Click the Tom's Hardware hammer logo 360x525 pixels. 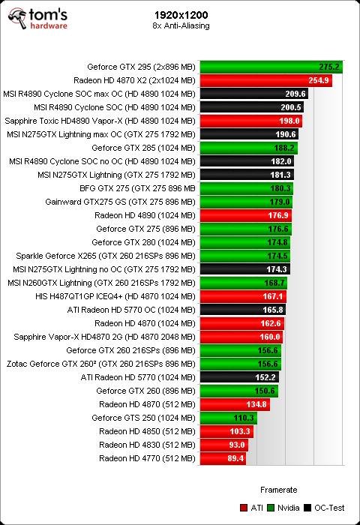pos(17,19)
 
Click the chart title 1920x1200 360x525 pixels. pos(181,15)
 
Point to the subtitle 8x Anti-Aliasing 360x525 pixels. pos(181,25)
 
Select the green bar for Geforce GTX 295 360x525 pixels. pos(271,67)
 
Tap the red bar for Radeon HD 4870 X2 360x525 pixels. pos(266,80)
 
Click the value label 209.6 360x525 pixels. pos(295,94)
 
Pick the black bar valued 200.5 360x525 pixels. pos(252,107)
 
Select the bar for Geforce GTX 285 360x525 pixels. pos(249,148)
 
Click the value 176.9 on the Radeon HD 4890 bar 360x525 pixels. pos(278,215)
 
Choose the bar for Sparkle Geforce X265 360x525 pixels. pos(245,256)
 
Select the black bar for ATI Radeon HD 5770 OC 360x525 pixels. pos(243,310)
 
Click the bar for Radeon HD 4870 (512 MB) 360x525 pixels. pos(235,404)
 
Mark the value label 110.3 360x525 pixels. pos(244,418)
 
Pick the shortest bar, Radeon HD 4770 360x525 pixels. pos(223,458)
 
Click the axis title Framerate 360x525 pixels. pos(278,490)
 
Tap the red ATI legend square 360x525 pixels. pos(244,508)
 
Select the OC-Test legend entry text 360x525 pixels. pos(329,508)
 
